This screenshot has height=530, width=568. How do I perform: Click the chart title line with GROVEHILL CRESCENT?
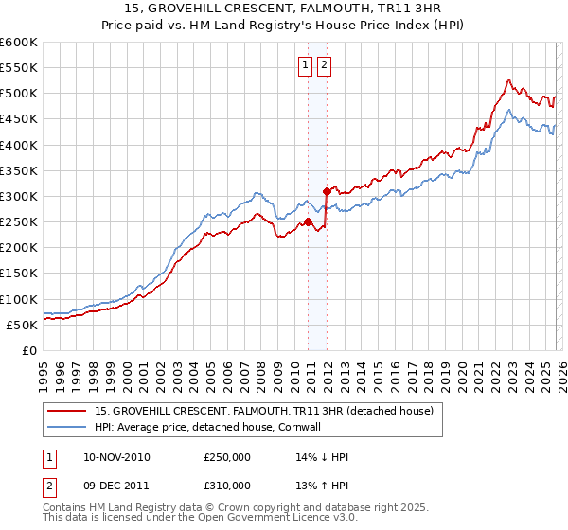[x=284, y=9]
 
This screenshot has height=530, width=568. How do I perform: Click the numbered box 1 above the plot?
[x=306, y=65]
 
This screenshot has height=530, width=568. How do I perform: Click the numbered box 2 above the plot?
[x=324, y=65]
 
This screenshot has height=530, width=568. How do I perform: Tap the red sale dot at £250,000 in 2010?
[x=308, y=222]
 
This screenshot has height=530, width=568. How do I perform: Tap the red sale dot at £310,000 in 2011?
[x=326, y=191]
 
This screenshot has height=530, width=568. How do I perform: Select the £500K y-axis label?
[x=19, y=94]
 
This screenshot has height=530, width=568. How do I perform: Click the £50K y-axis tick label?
[x=23, y=325]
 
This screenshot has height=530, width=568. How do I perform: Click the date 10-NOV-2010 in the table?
[x=116, y=457]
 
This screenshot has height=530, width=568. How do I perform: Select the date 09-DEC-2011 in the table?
[x=116, y=487]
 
